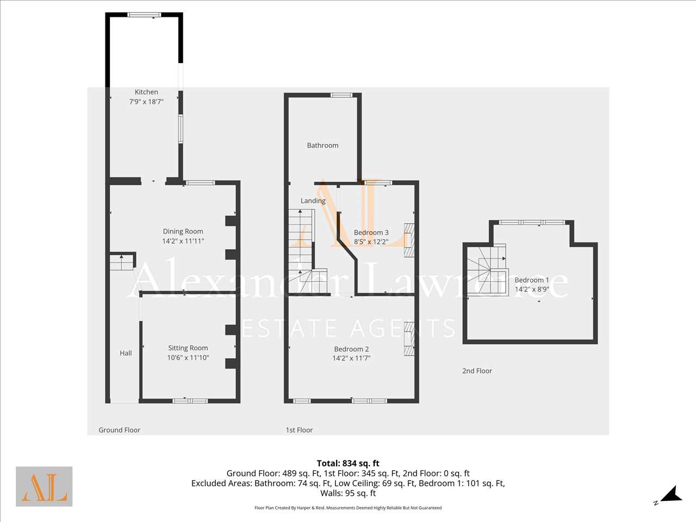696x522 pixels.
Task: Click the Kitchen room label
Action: tap(146, 92)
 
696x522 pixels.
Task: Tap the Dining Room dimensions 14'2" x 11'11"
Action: tap(183, 241)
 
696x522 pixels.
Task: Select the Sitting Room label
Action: tap(188, 347)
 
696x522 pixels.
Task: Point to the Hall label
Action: tap(126, 353)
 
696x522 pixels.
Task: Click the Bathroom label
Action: tap(322, 145)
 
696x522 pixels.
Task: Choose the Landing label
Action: tap(313, 201)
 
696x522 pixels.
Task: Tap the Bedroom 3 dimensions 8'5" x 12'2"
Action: tap(371, 242)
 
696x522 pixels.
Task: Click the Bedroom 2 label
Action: tap(351, 349)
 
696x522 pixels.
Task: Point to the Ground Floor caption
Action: tap(119, 430)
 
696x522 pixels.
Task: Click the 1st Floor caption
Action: tap(299, 430)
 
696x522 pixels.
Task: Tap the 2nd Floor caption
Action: tap(477, 371)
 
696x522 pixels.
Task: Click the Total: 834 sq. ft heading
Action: tap(348, 463)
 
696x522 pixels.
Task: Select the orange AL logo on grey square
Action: tap(44, 486)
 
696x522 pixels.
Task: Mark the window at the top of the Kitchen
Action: tap(144, 15)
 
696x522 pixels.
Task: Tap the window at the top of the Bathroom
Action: tap(341, 95)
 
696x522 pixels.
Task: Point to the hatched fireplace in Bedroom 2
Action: tap(409, 339)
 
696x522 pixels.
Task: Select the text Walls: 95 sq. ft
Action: tap(348, 493)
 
